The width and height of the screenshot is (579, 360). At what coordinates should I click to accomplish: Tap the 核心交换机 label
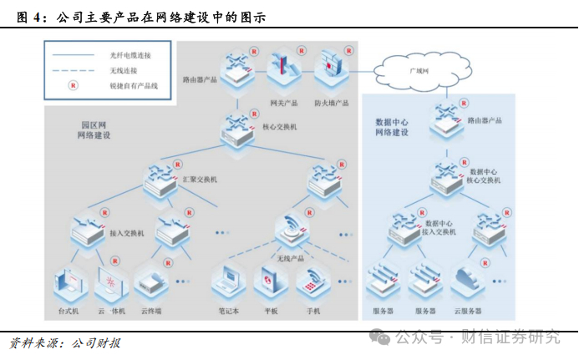280,127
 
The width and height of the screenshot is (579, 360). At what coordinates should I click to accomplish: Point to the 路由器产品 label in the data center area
485,120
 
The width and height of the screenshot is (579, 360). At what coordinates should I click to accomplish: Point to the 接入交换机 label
127,233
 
